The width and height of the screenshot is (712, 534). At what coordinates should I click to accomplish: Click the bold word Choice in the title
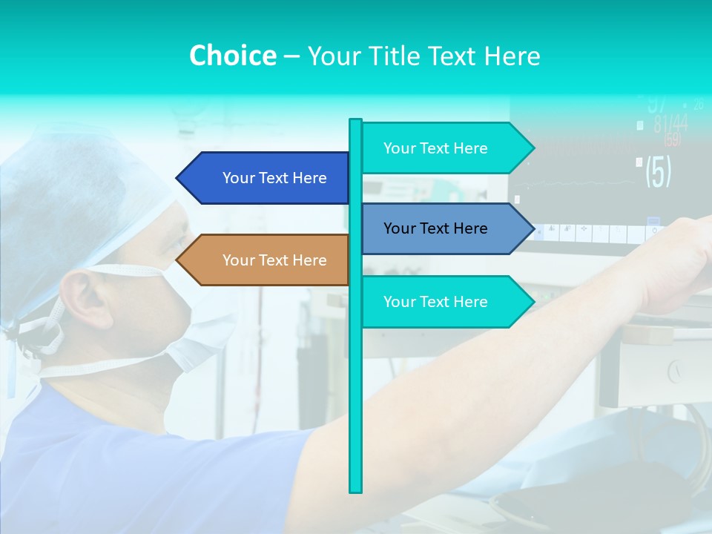[232, 56]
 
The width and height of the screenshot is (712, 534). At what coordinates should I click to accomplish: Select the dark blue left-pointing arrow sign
[267, 178]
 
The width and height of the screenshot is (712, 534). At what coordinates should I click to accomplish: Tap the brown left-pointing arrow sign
[267, 260]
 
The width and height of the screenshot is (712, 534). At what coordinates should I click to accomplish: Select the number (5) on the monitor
[658, 171]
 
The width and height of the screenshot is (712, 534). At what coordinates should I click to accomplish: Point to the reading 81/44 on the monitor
[670, 123]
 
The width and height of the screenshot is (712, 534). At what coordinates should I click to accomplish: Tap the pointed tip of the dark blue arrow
[179, 178]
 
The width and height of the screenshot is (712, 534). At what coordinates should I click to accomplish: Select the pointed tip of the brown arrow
[179, 260]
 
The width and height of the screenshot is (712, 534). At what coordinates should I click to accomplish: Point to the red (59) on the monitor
[672, 139]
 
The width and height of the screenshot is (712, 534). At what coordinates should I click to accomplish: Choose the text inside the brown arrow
[274, 260]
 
